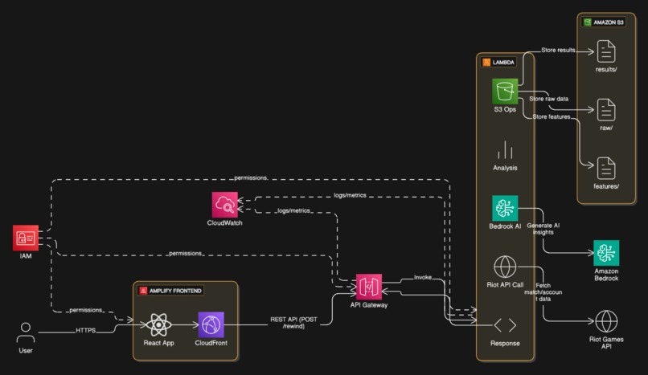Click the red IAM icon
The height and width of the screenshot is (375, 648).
[26, 238]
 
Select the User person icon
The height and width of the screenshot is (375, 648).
[27, 332]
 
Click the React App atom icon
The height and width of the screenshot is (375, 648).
[158, 325]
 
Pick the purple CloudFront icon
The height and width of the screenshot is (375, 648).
[211, 325]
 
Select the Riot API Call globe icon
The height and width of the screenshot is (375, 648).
[505, 267]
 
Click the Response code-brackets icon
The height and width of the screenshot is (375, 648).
[505, 326]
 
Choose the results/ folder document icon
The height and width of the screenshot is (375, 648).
[605, 53]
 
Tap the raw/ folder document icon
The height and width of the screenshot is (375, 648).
[605, 109]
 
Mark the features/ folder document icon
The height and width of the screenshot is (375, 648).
[605, 168]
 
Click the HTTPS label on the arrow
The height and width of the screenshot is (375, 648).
[86, 330]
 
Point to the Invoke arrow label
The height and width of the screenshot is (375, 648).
[423, 277]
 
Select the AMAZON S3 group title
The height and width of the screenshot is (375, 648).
[608, 22]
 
